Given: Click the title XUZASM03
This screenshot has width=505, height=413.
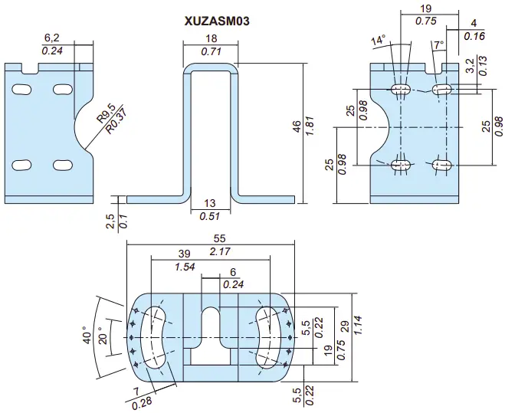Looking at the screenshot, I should pos(216,21).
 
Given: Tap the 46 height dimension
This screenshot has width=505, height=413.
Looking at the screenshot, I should pos(297,126).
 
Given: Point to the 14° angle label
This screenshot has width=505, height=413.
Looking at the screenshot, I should pos(379,41).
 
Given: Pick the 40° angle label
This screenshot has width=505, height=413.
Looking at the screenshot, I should pos(89,336).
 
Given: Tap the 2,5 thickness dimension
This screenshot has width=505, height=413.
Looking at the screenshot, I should pos(111,221).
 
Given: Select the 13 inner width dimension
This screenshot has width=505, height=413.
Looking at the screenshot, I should pos(209,203).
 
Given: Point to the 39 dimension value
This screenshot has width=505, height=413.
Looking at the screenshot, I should pos(183,254).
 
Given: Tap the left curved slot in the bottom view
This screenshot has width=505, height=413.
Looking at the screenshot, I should pos(156,337).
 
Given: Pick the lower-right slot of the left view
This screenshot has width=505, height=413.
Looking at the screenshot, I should pos(61,165).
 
